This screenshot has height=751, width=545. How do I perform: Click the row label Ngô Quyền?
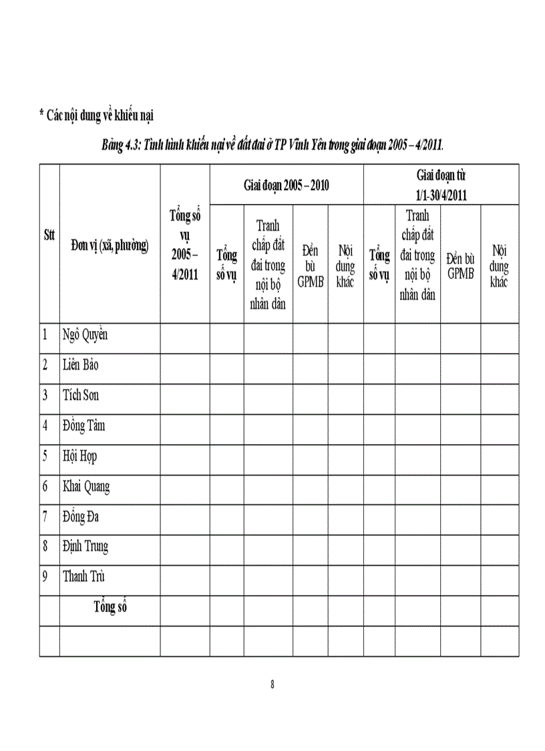click(x=85, y=335)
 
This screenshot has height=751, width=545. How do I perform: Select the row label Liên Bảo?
click(x=81, y=365)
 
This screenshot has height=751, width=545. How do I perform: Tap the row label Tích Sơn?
click(x=81, y=395)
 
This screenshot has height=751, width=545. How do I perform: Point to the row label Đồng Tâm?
click(x=83, y=425)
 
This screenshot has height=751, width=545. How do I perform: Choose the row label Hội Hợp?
click(x=80, y=456)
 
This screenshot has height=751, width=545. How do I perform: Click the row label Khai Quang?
click(x=86, y=486)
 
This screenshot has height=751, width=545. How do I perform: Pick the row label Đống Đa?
click(x=81, y=516)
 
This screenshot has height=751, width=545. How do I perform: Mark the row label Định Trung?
click(x=85, y=546)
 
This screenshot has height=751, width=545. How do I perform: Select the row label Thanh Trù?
click(x=83, y=576)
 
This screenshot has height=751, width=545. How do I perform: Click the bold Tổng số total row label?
click(x=110, y=607)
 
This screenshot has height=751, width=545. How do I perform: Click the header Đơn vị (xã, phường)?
click(x=110, y=246)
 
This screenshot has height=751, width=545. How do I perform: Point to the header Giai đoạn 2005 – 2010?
click(x=286, y=185)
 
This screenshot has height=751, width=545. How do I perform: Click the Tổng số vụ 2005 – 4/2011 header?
click(x=185, y=245)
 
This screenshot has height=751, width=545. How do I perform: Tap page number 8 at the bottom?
click(x=272, y=684)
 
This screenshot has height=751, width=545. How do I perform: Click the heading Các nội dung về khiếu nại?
click(x=97, y=116)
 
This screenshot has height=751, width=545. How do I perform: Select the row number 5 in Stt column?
click(x=45, y=456)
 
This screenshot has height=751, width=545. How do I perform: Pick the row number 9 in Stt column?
click(x=45, y=576)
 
